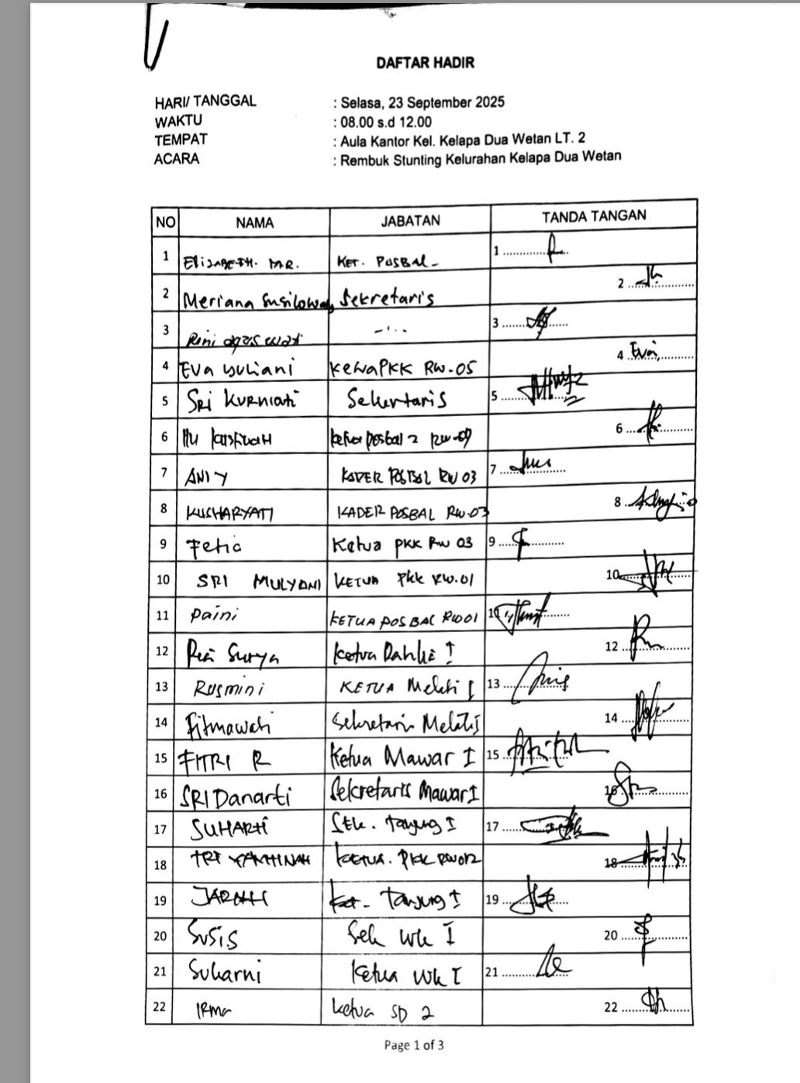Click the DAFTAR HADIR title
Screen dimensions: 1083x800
pos(425,63)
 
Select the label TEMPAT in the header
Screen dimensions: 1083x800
pos(181,140)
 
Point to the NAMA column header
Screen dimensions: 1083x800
pos(254,222)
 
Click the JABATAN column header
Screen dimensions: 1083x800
pos(410,220)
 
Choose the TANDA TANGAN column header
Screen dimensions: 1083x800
pos(594,216)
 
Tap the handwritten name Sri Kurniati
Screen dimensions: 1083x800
pos(241,401)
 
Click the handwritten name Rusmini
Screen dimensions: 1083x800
pos(229,687)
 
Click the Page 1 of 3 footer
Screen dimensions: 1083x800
pos(414,1045)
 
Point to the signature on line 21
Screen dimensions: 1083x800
pos(555,964)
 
